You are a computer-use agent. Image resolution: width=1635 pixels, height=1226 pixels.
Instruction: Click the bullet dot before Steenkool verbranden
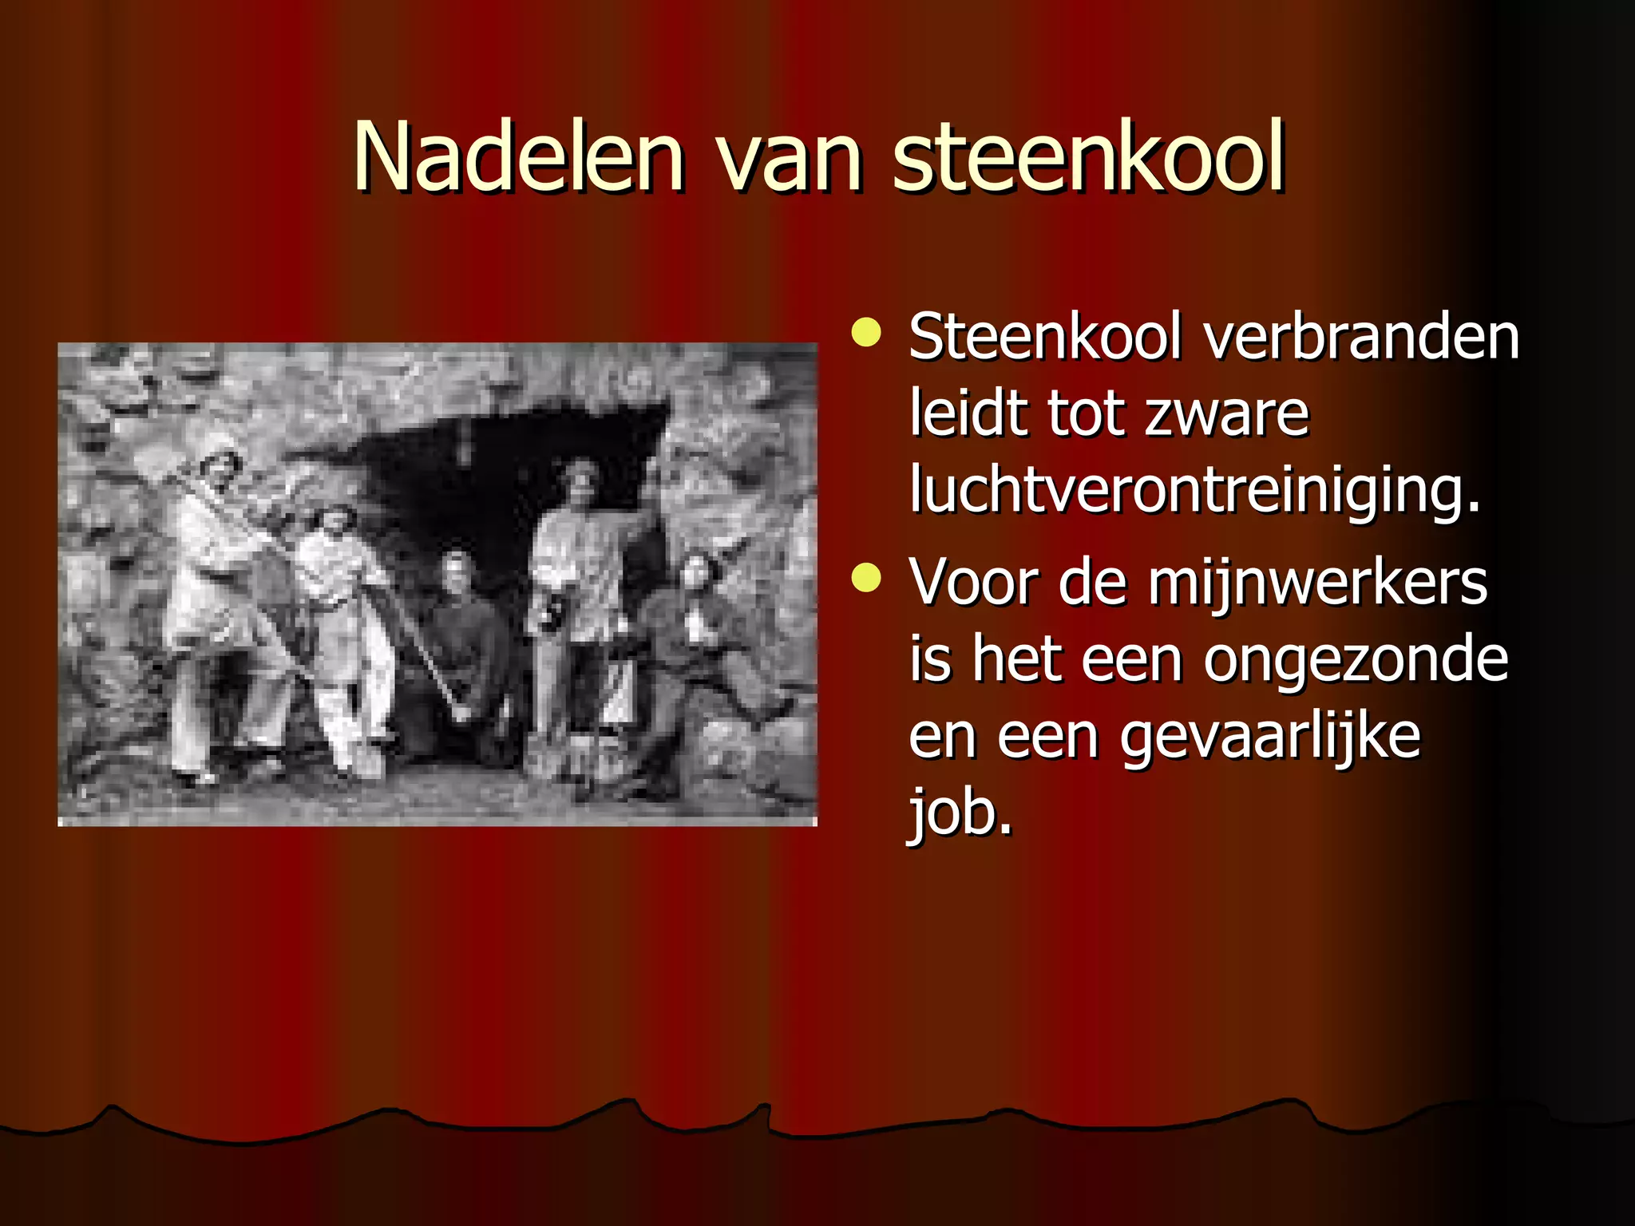866,333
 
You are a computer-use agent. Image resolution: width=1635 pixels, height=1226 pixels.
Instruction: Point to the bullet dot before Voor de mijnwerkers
866,579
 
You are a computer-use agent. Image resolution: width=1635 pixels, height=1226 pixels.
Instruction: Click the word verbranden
1361,337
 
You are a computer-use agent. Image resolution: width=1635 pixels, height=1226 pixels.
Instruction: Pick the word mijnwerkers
1317,583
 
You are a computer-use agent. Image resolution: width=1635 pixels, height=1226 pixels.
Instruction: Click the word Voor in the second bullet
974,583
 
